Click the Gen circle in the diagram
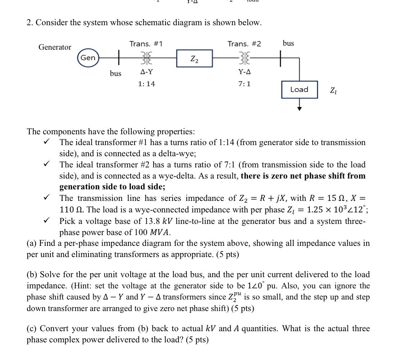[88, 58]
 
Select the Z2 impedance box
[194, 58]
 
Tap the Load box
[299, 90]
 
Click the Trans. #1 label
[146, 44]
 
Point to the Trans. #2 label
[244, 44]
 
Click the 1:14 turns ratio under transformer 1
[146, 84]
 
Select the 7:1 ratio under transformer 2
[245, 84]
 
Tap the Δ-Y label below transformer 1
[146, 72]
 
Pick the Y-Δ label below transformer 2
[245, 72]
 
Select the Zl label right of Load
[333, 90]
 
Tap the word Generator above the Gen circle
[55, 47]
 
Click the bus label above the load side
[288, 43]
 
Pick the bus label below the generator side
[116, 73]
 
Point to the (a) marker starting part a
[32, 243]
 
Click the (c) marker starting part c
[32, 328]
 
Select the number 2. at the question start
[30, 23]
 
